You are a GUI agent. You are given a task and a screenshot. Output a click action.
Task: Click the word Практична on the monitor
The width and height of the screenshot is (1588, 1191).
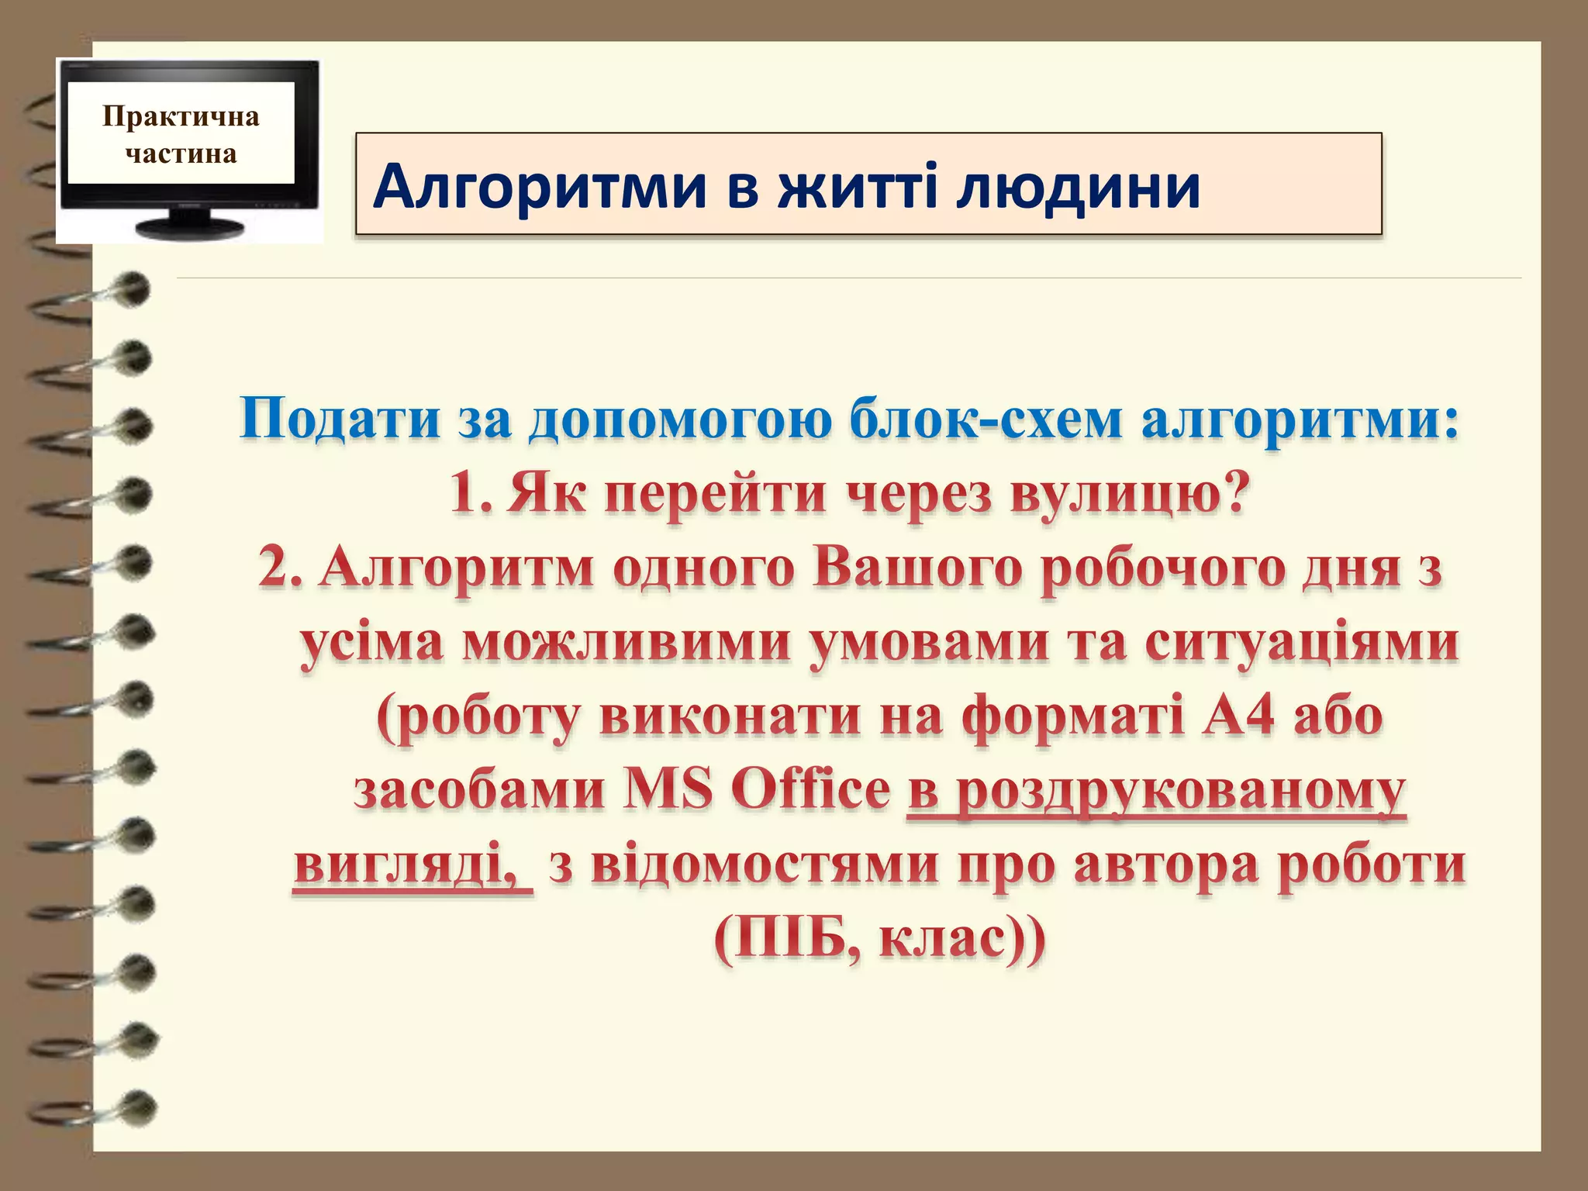(x=181, y=116)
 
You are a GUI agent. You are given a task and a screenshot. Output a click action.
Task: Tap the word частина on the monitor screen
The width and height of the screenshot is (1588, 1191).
(x=181, y=154)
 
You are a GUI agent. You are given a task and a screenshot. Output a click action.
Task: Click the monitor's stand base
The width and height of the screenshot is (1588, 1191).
(x=190, y=227)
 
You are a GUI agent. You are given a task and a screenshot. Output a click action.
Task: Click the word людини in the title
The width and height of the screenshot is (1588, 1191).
(x=1078, y=188)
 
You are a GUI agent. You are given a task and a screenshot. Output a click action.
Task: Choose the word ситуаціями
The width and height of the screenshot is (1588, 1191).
(x=1302, y=643)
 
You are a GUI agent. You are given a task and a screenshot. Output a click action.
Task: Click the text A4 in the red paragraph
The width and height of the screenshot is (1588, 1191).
(x=1236, y=717)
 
